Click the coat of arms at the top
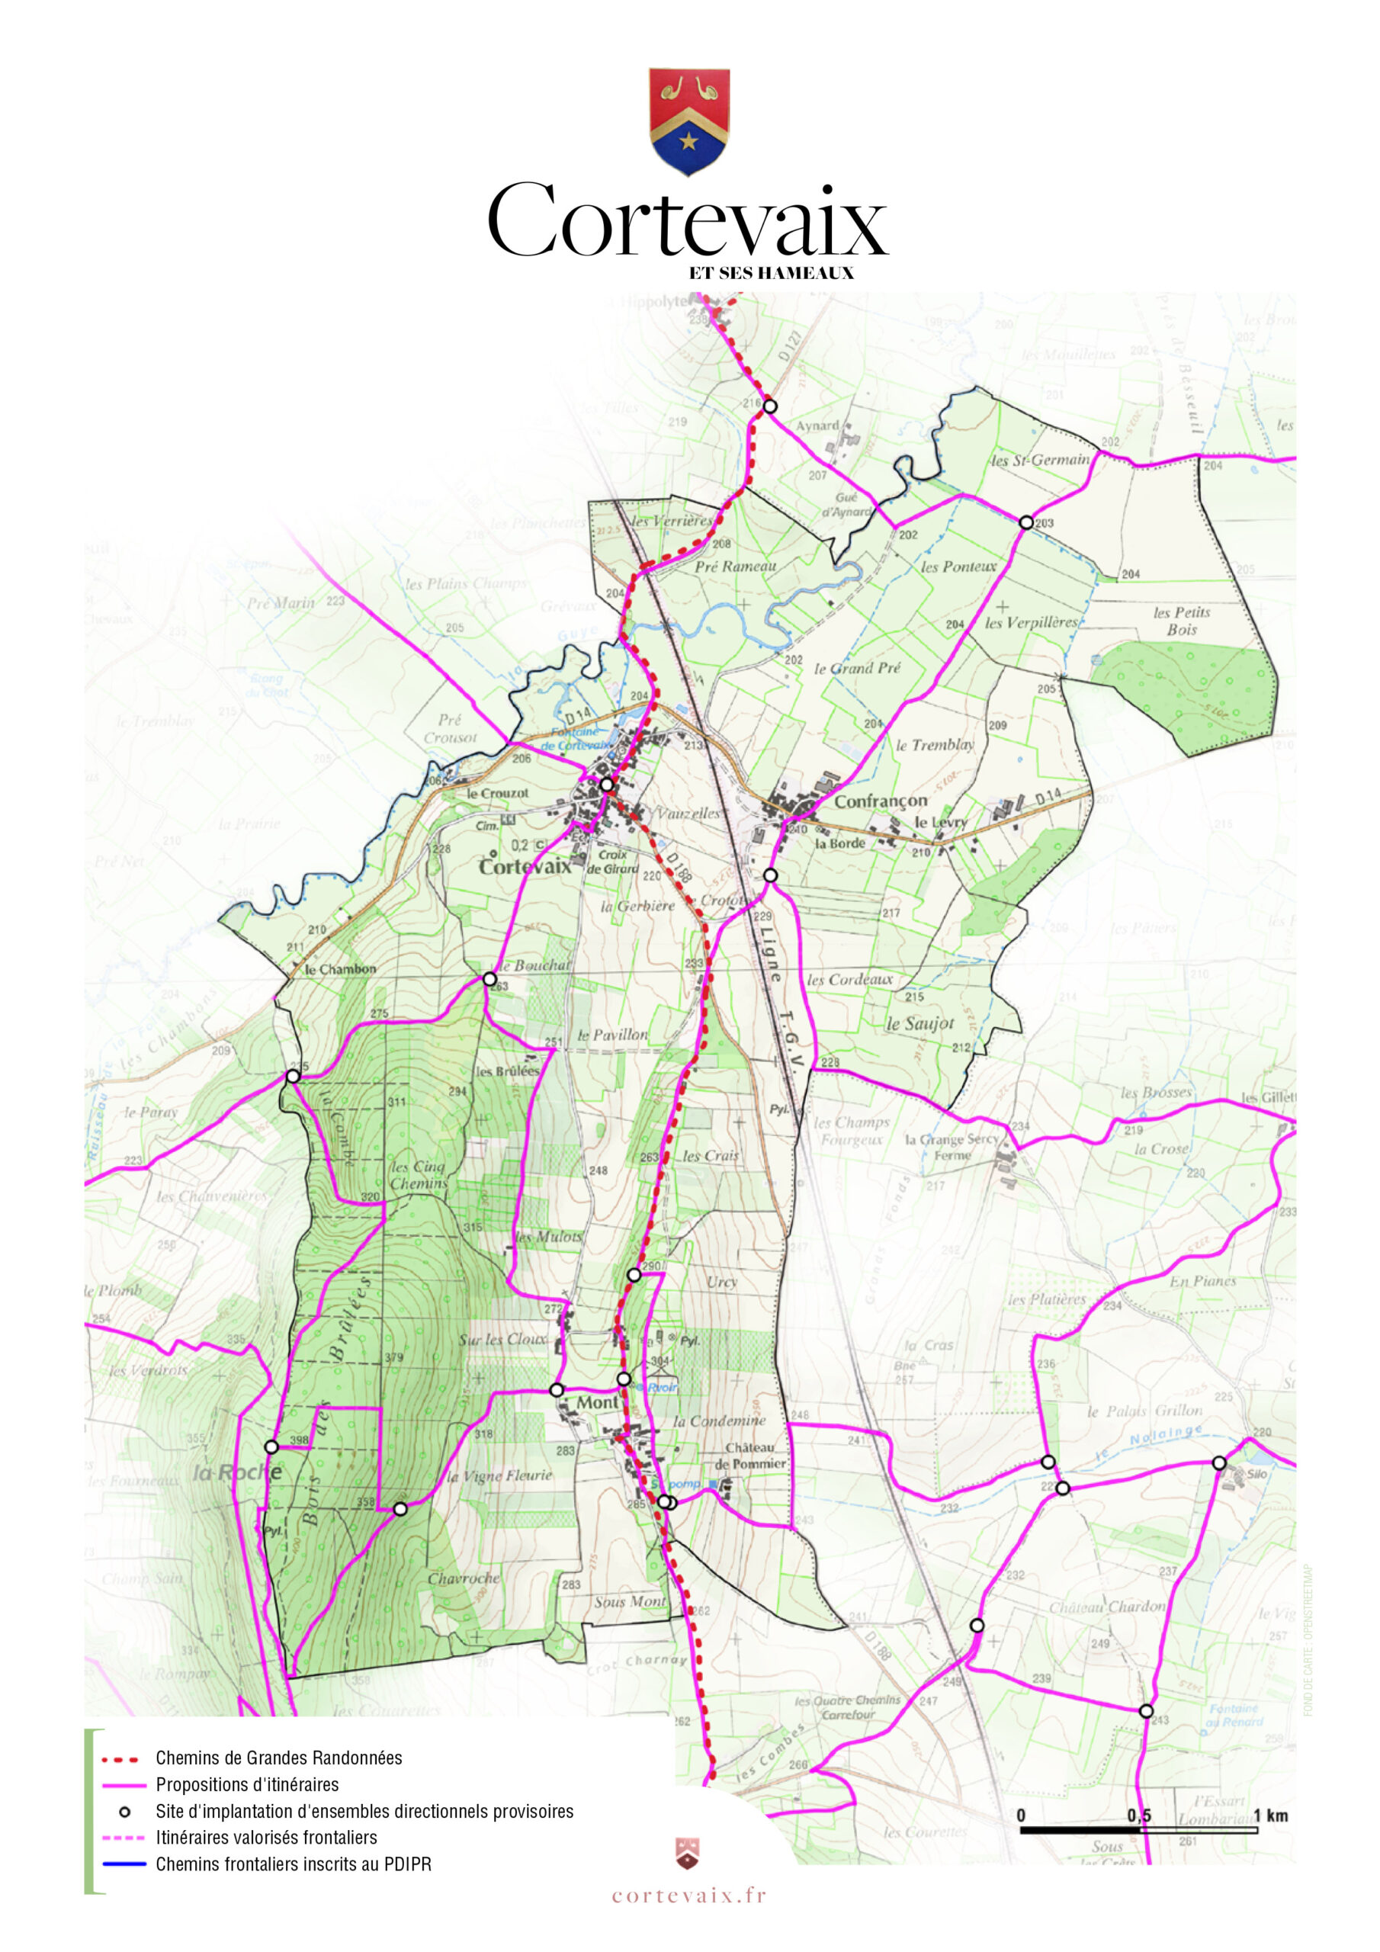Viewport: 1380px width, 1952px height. coord(688,120)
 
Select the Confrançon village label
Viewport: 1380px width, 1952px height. coord(880,801)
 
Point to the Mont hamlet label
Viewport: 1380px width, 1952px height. coord(597,1402)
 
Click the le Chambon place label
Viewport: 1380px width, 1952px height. coord(340,969)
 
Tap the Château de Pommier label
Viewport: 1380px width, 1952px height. coord(750,1456)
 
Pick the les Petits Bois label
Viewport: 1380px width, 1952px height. coord(1181,621)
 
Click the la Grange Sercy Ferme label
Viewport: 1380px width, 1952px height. coord(952,1147)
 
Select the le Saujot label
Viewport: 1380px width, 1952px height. coord(920,1023)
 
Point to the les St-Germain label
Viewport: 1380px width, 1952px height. coord(1039,460)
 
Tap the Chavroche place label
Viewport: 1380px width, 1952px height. coord(464,1578)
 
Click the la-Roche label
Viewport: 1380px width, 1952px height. coord(236,1472)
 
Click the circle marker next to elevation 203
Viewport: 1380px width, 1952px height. coord(1026,522)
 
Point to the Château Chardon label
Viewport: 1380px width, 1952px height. coord(1106,1607)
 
